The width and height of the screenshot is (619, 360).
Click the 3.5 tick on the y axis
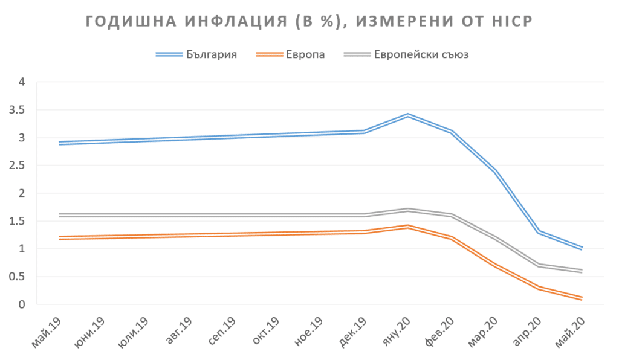[x=23, y=110]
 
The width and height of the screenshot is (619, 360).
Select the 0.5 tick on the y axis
[x=23, y=277]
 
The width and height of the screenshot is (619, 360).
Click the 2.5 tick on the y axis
[x=23, y=166]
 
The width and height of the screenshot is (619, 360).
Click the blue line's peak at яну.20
[x=408, y=115]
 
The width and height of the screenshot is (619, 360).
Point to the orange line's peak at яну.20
[x=408, y=227]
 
